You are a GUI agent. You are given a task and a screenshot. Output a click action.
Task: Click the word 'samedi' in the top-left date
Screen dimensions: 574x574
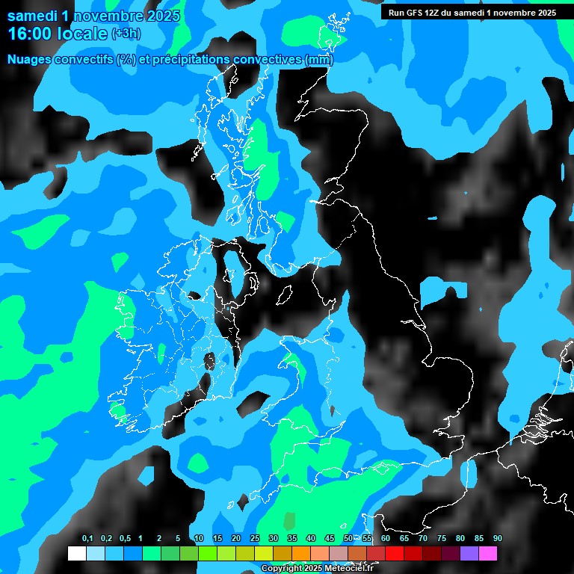(x=31, y=16)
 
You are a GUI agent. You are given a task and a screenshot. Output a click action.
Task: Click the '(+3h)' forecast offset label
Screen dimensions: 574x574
(x=126, y=34)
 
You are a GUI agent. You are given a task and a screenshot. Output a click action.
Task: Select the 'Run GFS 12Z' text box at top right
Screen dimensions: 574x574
(x=469, y=13)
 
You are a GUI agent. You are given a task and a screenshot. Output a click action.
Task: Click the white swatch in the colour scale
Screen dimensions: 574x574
(x=76, y=554)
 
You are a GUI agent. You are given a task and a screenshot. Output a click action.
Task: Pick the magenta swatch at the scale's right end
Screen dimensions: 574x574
(x=488, y=554)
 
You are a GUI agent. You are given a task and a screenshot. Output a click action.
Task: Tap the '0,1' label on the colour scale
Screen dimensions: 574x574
(x=87, y=539)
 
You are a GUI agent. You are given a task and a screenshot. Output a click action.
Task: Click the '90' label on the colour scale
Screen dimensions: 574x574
(x=498, y=539)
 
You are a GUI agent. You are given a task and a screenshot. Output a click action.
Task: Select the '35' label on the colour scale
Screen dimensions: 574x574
(x=292, y=539)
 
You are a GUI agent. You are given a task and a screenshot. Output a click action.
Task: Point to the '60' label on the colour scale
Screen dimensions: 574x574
(x=386, y=539)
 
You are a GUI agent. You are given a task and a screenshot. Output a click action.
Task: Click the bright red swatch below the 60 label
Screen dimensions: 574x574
(x=395, y=554)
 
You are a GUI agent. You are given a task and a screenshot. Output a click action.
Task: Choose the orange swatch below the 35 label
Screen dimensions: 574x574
(x=301, y=554)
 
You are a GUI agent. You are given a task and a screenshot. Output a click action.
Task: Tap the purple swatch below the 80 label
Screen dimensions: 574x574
(x=469, y=554)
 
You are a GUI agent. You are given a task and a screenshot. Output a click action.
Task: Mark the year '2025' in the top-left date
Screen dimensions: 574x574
(x=163, y=16)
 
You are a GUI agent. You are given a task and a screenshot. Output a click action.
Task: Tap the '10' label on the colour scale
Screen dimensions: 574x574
(x=199, y=539)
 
